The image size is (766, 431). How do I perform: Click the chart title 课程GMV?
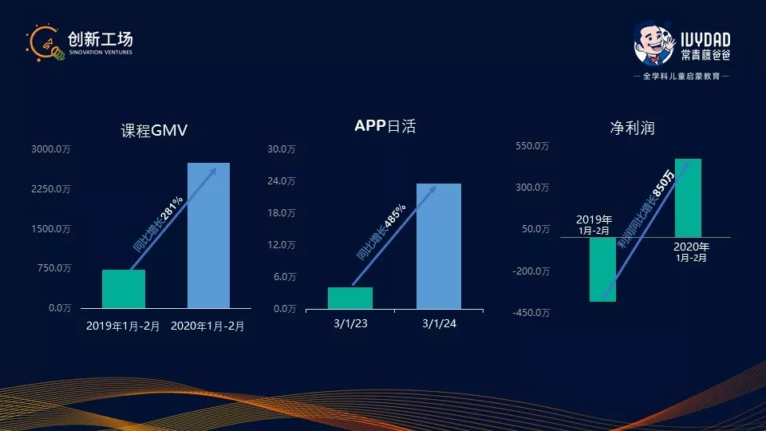[x=154, y=130]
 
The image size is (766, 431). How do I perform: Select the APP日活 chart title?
[x=385, y=126]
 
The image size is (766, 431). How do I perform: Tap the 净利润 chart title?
[x=632, y=128]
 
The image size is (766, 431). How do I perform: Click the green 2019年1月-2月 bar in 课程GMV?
[x=124, y=289]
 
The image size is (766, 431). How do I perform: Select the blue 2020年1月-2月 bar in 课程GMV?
[x=208, y=235]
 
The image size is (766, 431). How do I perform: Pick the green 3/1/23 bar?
[x=350, y=298]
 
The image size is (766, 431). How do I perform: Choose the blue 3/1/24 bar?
[x=439, y=246]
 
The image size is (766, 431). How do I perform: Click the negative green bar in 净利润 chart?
[x=603, y=269]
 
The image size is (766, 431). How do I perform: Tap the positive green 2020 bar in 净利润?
[x=688, y=198]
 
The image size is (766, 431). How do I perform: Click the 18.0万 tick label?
[x=282, y=213]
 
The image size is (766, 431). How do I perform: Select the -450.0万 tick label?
[x=531, y=313]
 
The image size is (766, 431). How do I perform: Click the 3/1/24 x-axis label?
[x=439, y=323]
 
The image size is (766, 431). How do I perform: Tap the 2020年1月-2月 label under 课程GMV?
[x=208, y=326]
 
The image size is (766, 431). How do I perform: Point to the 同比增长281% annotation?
[x=158, y=223]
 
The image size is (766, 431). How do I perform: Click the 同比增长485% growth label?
[x=381, y=231]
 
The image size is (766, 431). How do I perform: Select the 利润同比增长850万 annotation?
[x=646, y=209]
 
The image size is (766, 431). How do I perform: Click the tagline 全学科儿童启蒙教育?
[x=681, y=76]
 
